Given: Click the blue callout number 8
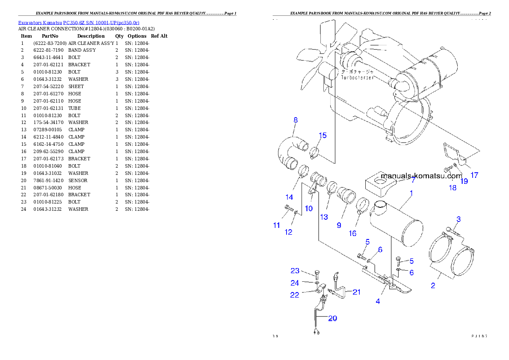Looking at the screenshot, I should pyautogui.click(x=295, y=120).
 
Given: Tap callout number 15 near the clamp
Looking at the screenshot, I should pyautogui.click(x=323, y=136).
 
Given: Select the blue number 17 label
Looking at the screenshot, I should pyautogui.click(x=474, y=175).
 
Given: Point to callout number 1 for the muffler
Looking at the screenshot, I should pyautogui.click(x=411, y=193).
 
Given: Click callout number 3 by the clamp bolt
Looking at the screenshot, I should pyautogui.click(x=458, y=219).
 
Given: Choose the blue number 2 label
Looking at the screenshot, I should pyautogui.click(x=433, y=286).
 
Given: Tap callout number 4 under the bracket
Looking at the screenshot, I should pyautogui.click(x=378, y=301).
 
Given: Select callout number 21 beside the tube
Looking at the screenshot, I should pyautogui.click(x=356, y=292).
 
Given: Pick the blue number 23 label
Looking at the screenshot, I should pyautogui.click(x=295, y=271).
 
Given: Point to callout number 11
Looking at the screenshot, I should pyautogui.click(x=277, y=225).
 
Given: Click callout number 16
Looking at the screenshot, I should pyautogui.click(x=352, y=233).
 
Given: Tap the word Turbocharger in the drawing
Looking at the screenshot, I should pyautogui.click(x=358, y=78).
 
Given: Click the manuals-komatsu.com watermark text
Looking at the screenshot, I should pyautogui.click(x=421, y=176).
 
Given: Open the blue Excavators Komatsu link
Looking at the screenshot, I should pyautogui.click(x=79, y=22).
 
